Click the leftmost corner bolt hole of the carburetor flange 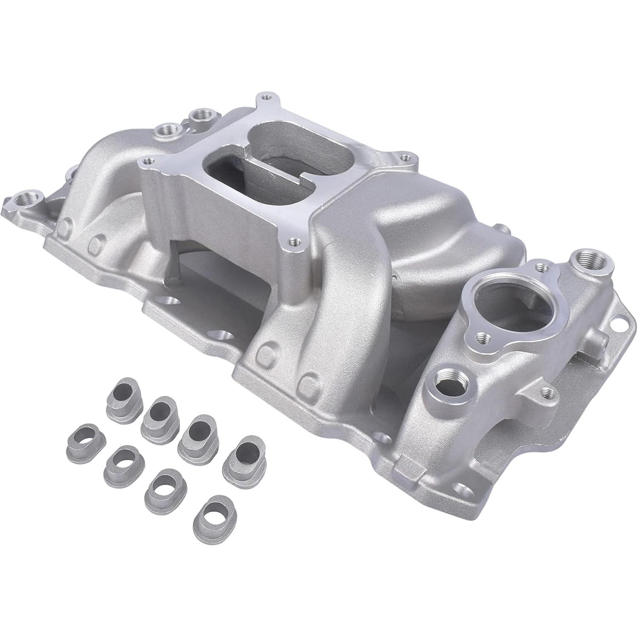click(x=148, y=161)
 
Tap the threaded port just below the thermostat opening click(x=446, y=377)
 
